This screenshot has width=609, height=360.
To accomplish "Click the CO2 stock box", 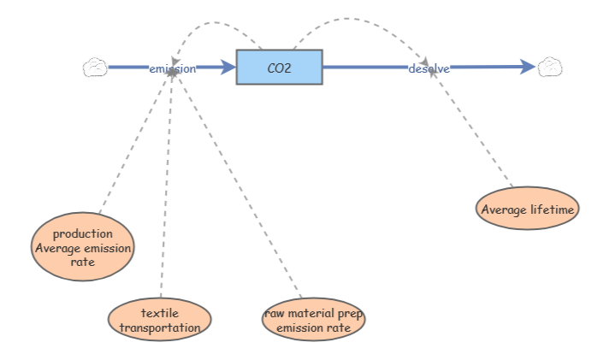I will (279, 67).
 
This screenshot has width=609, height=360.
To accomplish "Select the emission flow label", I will (172, 68).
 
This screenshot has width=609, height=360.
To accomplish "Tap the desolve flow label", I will (429, 68).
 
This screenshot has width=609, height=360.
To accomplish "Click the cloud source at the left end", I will (94, 68).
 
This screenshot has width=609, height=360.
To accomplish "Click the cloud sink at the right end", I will (550, 68).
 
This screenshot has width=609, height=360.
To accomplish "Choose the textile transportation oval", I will (160, 320).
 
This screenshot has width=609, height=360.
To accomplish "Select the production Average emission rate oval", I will (82, 248).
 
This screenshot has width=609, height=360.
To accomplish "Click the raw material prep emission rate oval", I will (313, 320).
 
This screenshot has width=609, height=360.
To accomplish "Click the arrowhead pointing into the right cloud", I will (529, 68).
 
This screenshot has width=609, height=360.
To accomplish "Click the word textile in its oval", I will (160, 313).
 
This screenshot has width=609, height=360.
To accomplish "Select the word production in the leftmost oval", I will (82, 233).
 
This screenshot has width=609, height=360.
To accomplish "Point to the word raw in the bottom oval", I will (274, 313).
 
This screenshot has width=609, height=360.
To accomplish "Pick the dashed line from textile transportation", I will (166, 188).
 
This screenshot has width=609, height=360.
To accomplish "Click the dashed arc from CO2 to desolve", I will (359, 27).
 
